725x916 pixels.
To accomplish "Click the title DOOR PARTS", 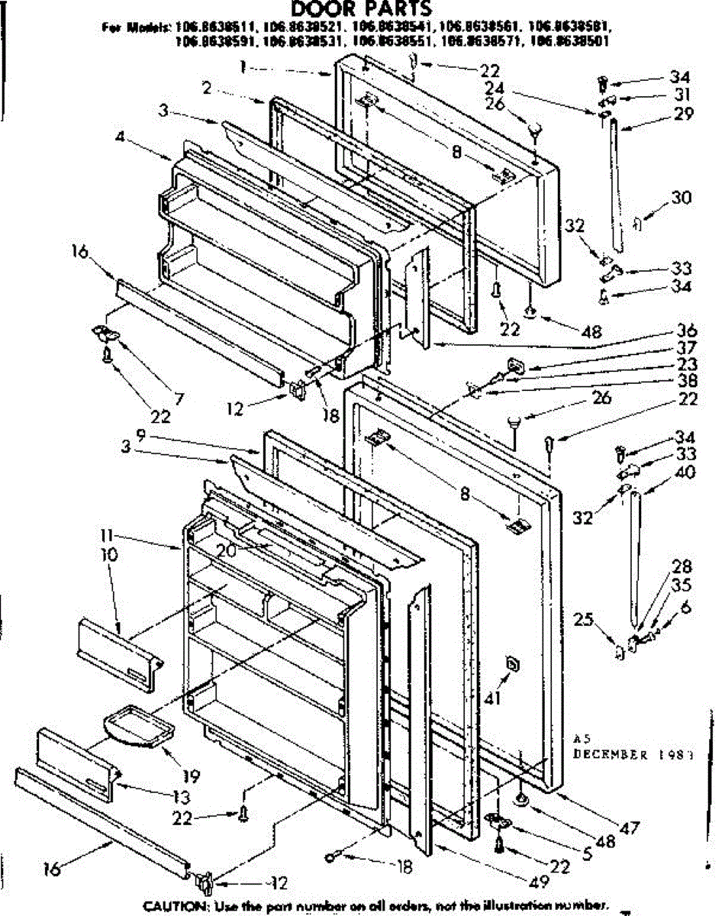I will pyautogui.click(x=362, y=9).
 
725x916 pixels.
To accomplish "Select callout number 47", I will pyautogui.click(x=630, y=827).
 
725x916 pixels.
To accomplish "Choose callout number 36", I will pyautogui.click(x=685, y=331).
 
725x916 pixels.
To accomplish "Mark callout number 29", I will pyautogui.click(x=683, y=114).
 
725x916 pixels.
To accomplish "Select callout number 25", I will pyautogui.click(x=583, y=620).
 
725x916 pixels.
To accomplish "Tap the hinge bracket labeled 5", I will pyautogui.click(x=500, y=819).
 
